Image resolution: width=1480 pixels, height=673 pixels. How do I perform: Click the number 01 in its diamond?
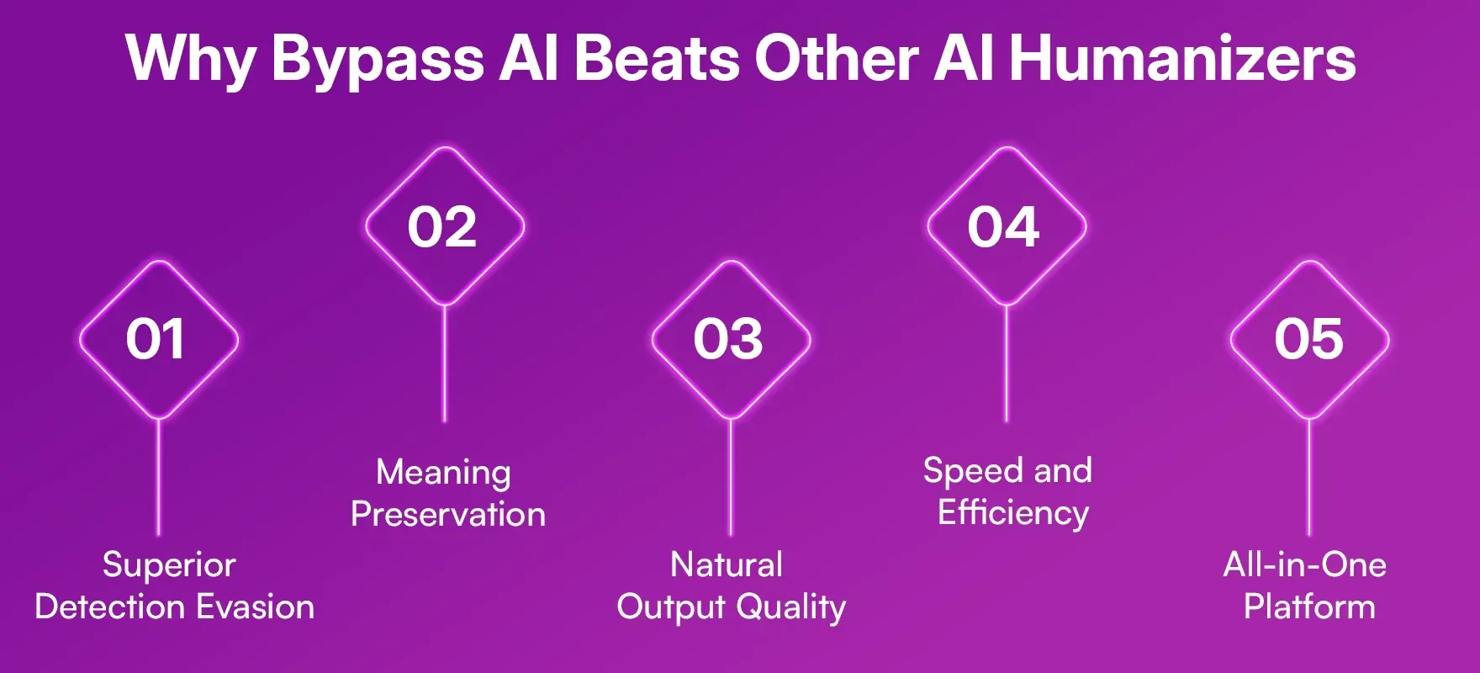(156, 340)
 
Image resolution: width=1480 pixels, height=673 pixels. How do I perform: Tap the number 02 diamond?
(443, 227)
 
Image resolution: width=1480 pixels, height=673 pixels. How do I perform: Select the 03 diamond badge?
(729, 340)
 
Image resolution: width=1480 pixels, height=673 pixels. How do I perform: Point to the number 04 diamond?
(1005, 227)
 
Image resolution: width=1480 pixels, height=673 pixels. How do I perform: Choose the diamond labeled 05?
(1308, 340)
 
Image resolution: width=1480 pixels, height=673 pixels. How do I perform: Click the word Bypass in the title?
(377, 59)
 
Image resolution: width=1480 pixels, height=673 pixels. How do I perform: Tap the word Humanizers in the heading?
(1182, 59)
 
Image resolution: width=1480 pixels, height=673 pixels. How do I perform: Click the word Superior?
(169, 564)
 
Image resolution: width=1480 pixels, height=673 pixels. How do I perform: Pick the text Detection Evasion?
(175, 607)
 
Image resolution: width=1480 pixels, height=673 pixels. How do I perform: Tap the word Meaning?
(443, 473)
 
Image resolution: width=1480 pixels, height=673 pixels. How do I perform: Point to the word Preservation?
(448, 514)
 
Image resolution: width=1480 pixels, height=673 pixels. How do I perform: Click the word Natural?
(727, 564)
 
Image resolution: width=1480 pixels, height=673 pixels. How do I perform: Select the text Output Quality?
(731, 607)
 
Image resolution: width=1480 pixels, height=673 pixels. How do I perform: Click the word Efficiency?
(1013, 512)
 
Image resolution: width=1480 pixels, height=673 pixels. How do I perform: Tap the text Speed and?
(1007, 470)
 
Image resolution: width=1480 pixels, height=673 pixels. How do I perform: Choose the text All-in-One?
(1305, 564)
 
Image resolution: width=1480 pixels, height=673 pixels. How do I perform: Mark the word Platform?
(1309, 607)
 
